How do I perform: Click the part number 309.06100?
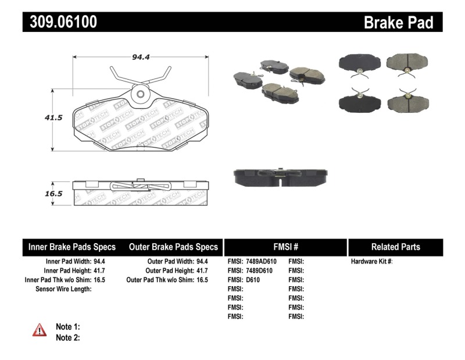pyautogui.click(x=60, y=22)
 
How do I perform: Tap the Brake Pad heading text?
pyautogui.click(x=398, y=23)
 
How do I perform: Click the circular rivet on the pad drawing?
pyautogui.click(x=140, y=94)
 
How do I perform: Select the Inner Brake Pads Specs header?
pyautogui.click(x=72, y=247)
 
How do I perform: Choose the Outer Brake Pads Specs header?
pyautogui.click(x=173, y=247)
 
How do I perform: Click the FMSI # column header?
pyautogui.click(x=285, y=247)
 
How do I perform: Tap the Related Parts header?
pyautogui.click(x=395, y=247)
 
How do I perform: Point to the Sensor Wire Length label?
pyautogui.click(x=64, y=289)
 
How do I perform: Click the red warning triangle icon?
pyautogui.click(x=39, y=330)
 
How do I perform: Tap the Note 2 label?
pyautogui.click(x=67, y=337)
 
